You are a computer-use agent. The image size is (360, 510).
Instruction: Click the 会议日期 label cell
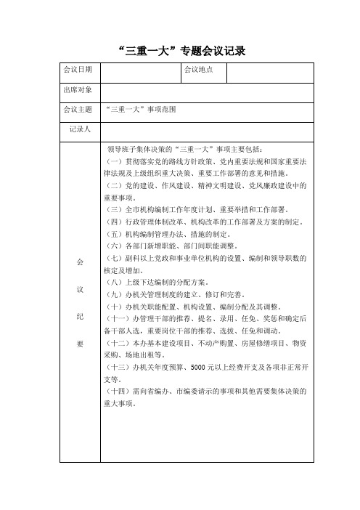tap(78, 70)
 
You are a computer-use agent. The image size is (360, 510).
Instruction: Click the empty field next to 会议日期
tap(139, 70)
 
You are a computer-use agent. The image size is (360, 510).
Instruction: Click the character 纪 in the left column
tap(80, 317)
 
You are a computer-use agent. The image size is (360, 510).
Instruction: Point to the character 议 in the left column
tap(80, 289)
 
